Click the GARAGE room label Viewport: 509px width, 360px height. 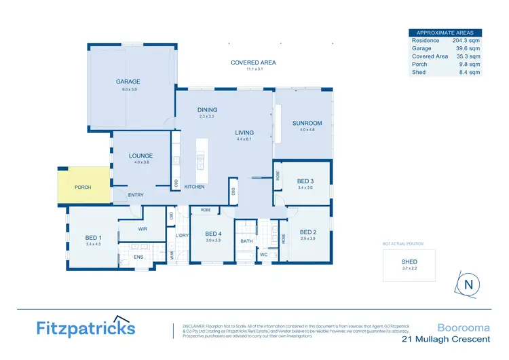coord(128,82)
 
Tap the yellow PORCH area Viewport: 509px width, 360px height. coord(83,186)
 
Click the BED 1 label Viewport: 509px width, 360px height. coord(93,237)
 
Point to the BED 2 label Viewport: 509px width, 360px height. coord(309,232)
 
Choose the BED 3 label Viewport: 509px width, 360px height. coord(305,181)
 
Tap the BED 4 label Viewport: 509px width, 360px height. coord(214,234)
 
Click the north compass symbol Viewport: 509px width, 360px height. coord(468,285)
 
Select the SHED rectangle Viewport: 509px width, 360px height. coord(409,264)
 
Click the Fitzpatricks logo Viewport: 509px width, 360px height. coord(85,329)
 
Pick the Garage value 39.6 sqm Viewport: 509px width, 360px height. coord(468,48)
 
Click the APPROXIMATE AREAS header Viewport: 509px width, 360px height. coord(445,32)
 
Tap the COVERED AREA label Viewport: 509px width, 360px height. coord(253,62)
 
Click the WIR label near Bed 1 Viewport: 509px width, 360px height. coord(143,229)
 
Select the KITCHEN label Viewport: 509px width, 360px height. coord(194,187)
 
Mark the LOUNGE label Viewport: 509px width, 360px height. coord(140,156)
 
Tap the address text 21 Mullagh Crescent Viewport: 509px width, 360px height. coord(445,339)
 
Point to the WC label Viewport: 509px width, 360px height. coord(263,255)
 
